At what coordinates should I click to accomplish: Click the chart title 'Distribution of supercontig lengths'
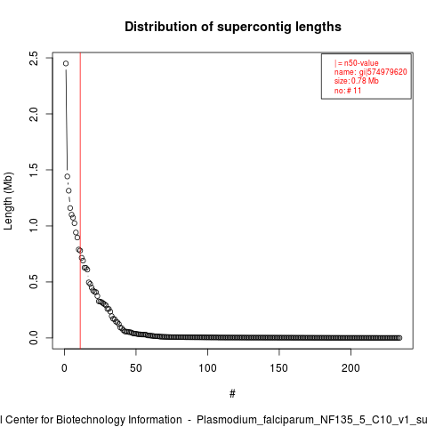(233, 27)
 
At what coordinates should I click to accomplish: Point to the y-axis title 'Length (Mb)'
(8, 201)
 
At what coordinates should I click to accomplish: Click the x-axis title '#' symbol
(232, 394)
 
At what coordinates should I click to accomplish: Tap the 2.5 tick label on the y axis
(34, 58)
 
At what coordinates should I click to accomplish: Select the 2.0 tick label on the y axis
(34, 114)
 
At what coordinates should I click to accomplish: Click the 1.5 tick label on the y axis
(34, 170)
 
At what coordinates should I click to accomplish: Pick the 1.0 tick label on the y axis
(34, 226)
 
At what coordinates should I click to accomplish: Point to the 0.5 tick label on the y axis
(34, 282)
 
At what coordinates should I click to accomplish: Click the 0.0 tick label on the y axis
(34, 338)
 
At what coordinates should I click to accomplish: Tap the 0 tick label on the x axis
(64, 368)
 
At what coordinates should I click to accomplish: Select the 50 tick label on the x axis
(136, 368)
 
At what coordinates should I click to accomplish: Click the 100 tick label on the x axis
(207, 368)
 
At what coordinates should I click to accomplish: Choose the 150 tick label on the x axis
(279, 368)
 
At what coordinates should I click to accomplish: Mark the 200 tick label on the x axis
(350, 368)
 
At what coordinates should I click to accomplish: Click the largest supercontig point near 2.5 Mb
(66, 63)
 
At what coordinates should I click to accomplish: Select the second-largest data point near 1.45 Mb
(68, 176)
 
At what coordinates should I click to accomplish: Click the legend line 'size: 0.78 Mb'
(357, 81)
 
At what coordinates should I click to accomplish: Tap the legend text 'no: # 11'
(348, 90)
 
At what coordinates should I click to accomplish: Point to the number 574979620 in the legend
(387, 72)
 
